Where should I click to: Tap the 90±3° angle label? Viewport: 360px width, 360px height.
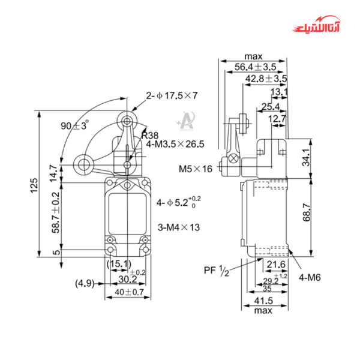[75, 126]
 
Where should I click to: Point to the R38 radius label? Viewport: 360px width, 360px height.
[150, 135]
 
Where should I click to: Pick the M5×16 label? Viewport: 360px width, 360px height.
[196, 169]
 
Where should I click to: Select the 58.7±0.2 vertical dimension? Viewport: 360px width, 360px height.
[56, 212]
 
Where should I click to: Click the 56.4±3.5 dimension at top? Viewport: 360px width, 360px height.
[254, 67]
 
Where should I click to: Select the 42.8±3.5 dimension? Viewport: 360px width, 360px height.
[266, 79]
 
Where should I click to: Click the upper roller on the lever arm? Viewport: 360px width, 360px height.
[127, 121]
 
